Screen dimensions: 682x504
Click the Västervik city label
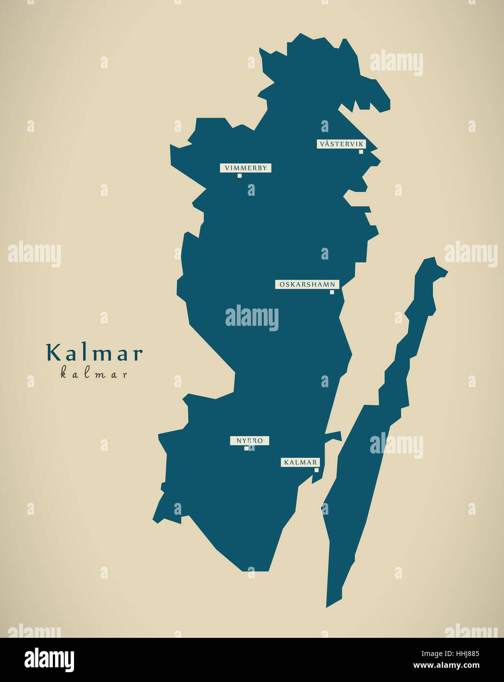click(x=341, y=144)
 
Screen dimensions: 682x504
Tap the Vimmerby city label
click(x=245, y=168)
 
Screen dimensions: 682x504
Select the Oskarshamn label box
click(x=307, y=284)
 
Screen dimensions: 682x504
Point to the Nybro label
click(x=250, y=441)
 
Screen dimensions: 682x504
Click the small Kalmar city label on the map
click(x=300, y=462)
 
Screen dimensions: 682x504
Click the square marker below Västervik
click(x=361, y=152)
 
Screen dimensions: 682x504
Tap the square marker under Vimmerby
click(x=239, y=176)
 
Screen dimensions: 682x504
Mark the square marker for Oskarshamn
click(x=332, y=292)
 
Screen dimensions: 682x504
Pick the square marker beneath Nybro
click(x=246, y=448)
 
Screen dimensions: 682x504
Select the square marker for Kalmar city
click(x=316, y=470)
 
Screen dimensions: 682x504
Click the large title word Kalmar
click(x=94, y=353)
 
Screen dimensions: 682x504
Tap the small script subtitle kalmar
click(x=94, y=374)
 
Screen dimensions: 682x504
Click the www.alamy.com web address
click(x=446, y=666)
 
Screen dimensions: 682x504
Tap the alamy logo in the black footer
click(x=49, y=659)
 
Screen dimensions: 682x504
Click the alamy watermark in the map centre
click(x=252, y=317)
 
